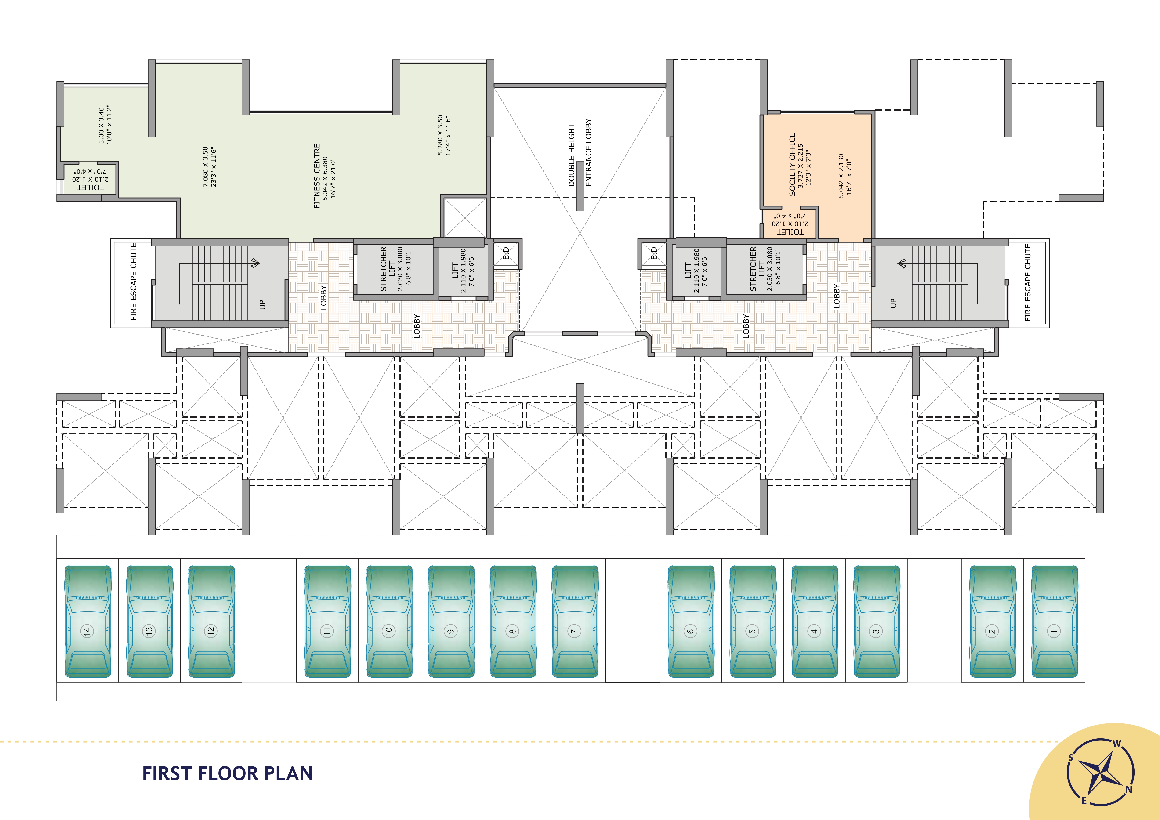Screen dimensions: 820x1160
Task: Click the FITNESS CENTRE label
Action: pyautogui.click(x=317, y=176)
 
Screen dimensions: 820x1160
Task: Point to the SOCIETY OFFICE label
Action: pyautogui.click(x=792, y=164)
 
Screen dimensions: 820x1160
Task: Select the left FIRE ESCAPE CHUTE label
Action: pyautogui.click(x=133, y=282)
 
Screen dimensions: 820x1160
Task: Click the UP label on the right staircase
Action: pyautogui.click(x=893, y=303)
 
